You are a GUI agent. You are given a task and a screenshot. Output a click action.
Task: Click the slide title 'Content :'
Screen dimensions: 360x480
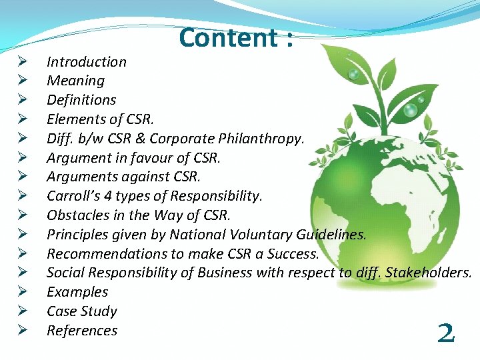tap(236, 37)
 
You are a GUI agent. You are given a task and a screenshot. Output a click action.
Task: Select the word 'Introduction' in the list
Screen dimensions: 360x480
tap(86, 62)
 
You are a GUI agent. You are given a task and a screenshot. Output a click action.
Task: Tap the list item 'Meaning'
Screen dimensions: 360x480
tap(75, 81)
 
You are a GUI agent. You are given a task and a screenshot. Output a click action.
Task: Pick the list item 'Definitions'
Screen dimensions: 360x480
tap(81, 100)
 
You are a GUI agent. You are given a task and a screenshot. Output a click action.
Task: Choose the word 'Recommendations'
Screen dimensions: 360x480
tap(99, 254)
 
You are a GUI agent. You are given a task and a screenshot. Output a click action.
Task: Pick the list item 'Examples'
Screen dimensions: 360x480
tap(77, 292)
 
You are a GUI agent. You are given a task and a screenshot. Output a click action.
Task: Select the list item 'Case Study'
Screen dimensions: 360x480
tap(81, 311)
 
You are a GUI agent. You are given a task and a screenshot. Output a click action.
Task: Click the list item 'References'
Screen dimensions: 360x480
tap(81, 331)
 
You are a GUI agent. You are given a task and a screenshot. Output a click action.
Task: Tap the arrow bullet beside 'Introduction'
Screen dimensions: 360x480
tap(22, 62)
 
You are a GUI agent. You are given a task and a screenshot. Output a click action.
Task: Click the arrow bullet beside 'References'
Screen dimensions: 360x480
tap(22, 331)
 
